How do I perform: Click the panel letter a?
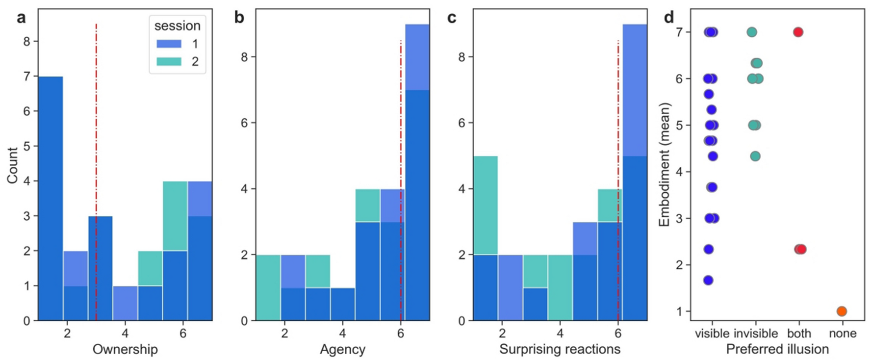(x=21, y=18)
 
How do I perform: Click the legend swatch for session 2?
(x=169, y=61)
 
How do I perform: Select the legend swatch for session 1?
(x=169, y=44)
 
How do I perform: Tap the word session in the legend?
(x=177, y=26)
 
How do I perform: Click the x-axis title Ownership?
(x=125, y=349)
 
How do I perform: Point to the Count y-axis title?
(x=12, y=165)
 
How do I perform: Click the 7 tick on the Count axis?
(x=27, y=77)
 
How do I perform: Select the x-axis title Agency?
(x=342, y=349)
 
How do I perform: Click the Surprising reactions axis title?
(x=560, y=349)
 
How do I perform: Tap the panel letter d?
(x=668, y=18)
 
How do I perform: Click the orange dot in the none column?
(x=842, y=311)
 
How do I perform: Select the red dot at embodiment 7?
(x=798, y=32)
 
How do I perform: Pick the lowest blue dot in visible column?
(x=708, y=280)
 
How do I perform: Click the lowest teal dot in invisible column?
(x=755, y=156)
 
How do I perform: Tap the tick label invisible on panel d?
(x=755, y=334)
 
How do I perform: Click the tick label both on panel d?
(x=799, y=334)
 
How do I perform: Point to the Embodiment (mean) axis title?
(x=665, y=164)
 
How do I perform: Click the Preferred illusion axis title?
(x=777, y=349)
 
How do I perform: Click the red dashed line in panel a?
(x=96, y=147)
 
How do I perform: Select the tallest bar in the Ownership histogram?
(x=51, y=196)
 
